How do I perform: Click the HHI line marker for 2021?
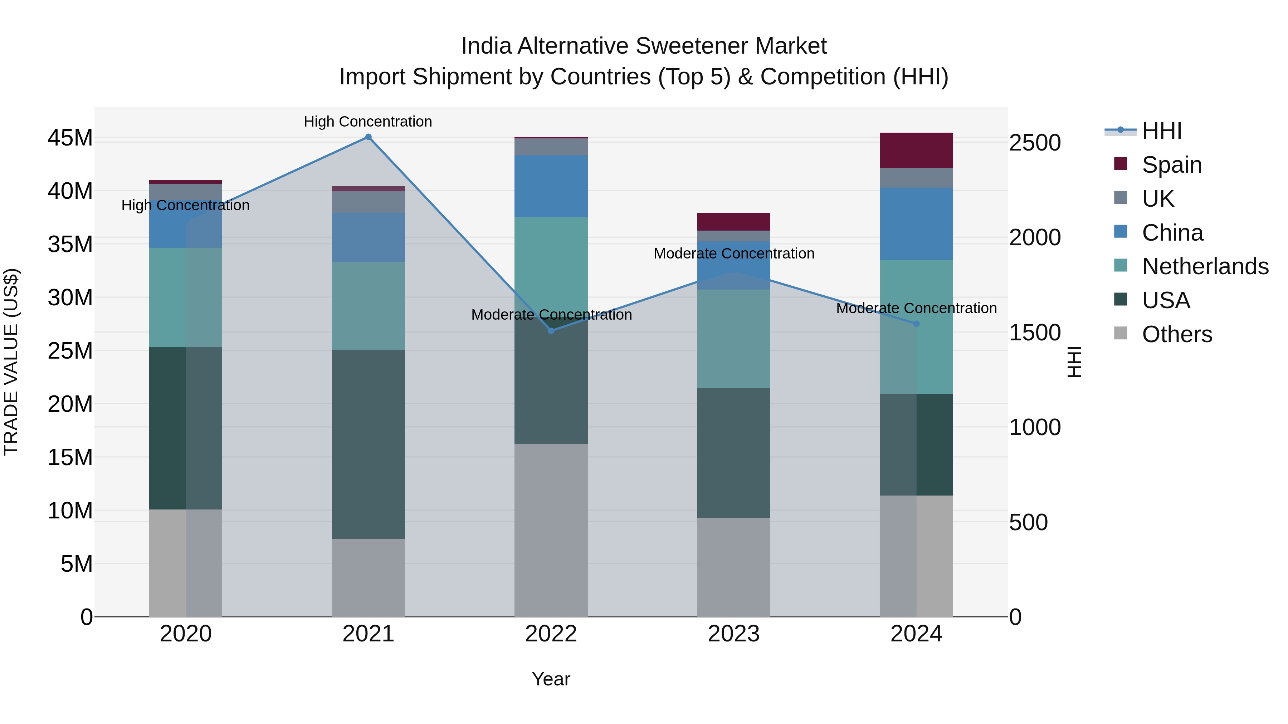coord(368,137)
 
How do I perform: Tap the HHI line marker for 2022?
coord(551,331)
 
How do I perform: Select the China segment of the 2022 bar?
coord(551,186)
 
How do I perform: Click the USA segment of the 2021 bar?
coord(368,444)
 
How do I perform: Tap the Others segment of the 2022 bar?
coord(551,530)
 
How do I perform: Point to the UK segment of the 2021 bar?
coord(368,202)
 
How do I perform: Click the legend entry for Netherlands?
coord(1205,266)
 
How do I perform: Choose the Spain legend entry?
coord(1171,165)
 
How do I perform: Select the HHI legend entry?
coord(1161,131)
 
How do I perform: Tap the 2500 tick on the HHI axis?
coord(1034,143)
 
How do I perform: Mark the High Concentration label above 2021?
coord(368,122)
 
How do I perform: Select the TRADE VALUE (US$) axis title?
coord(11,362)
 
